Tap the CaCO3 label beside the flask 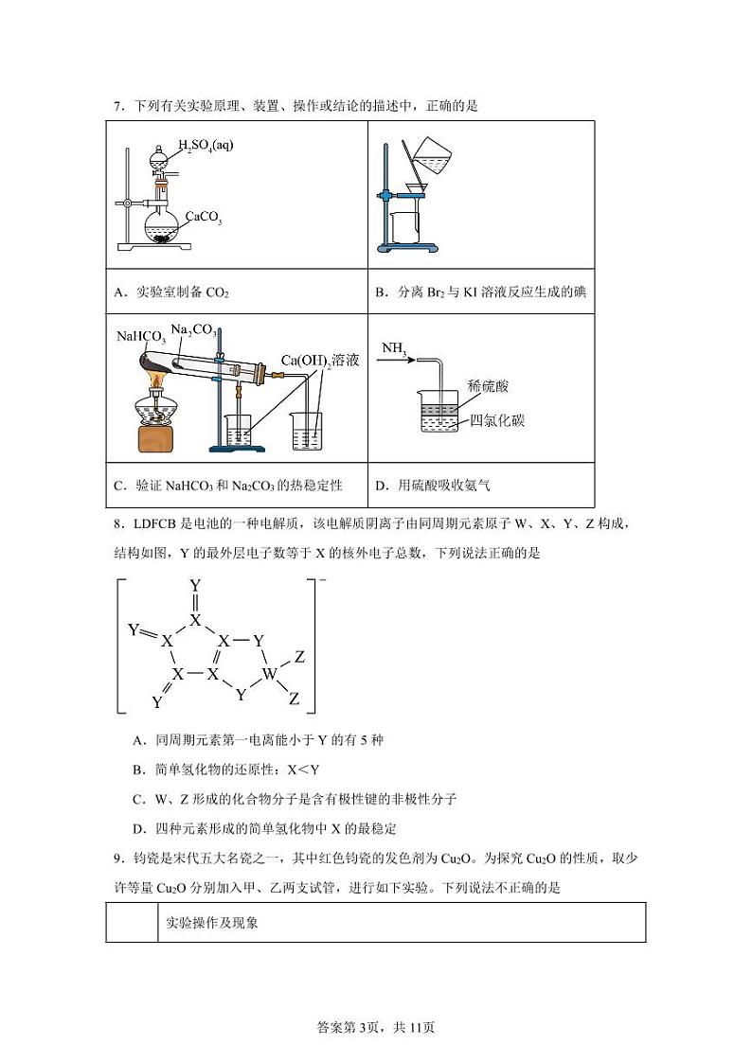[x=203, y=217]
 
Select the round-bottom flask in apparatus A [x=162, y=227]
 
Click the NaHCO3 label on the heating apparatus [x=141, y=337]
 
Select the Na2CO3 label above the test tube [x=193, y=330]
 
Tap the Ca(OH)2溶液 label [x=319, y=360]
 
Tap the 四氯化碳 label [x=496, y=420]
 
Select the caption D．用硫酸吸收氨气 [x=433, y=486]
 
